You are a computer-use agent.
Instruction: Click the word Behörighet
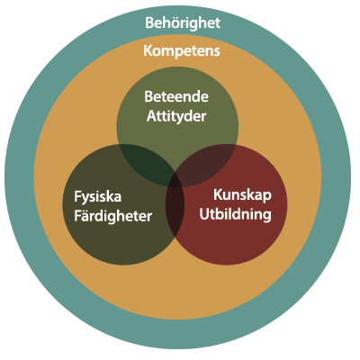(183, 23)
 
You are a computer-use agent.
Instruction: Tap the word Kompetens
(182, 51)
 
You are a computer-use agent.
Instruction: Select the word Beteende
(176, 96)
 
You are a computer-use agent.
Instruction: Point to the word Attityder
(176, 116)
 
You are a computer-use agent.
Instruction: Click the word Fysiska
(98, 197)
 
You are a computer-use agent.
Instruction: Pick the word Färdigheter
(112, 216)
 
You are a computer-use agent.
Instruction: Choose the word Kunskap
(242, 195)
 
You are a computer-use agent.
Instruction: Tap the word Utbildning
(236, 215)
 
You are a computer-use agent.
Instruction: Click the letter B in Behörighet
(149, 22)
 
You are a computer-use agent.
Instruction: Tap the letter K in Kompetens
(148, 50)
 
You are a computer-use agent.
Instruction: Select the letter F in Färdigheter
(77, 216)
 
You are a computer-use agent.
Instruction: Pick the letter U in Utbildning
(204, 215)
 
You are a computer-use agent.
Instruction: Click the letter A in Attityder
(152, 116)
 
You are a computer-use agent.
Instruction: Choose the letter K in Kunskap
(219, 195)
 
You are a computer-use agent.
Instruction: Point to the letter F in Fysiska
(77, 197)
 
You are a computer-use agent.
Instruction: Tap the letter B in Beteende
(149, 96)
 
